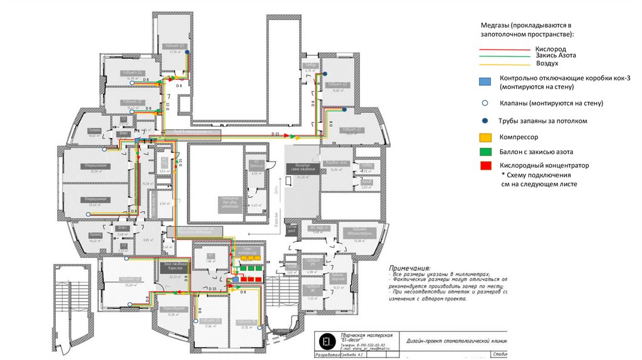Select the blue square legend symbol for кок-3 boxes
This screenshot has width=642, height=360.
click(x=484, y=82)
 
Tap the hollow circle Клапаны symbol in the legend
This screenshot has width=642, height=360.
click(x=484, y=102)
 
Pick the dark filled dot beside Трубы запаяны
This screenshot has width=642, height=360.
click(x=484, y=120)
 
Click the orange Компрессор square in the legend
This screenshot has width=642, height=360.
click(x=484, y=137)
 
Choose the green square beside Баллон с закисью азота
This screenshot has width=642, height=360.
click(x=484, y=151)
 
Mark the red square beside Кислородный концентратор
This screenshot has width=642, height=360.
click(x=484, y=166)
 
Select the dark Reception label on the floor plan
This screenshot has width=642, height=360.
click(x=301, y=168)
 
